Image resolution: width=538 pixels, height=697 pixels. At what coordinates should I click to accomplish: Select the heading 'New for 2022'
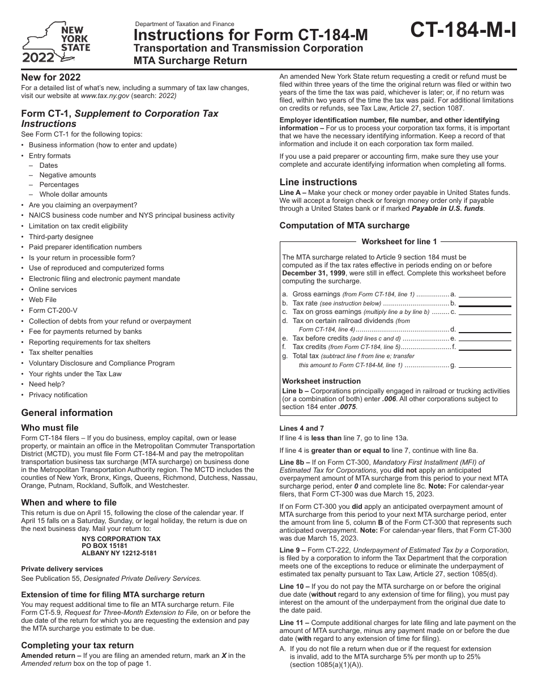pyautogui.click(x=51, y=77)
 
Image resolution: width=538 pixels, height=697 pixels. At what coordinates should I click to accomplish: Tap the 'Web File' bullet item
pyautogui.click(x=43, y=300)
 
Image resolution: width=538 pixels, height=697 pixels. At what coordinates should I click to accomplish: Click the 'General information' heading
pyautogui.click(x=67, y=413)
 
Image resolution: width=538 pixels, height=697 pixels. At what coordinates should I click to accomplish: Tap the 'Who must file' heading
pyautogui.click(x=50, y=428)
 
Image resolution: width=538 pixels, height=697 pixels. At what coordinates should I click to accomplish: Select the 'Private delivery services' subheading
pyautogui.click(x=62, y=568)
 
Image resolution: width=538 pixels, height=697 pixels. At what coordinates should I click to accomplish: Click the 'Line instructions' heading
pyautogui.click(x=318, y=182)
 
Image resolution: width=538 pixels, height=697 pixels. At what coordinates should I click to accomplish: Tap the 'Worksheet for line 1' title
pyautogui.click(x=399, y=241)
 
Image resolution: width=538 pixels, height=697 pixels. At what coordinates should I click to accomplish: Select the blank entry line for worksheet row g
pyautogui.click(x=484, y=365)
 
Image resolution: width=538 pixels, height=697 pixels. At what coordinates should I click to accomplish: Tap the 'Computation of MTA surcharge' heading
pyautogui.click(x=344, y=226)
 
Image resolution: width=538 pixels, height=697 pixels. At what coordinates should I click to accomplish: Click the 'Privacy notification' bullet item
pyautogui.click(x=58, y=395)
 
